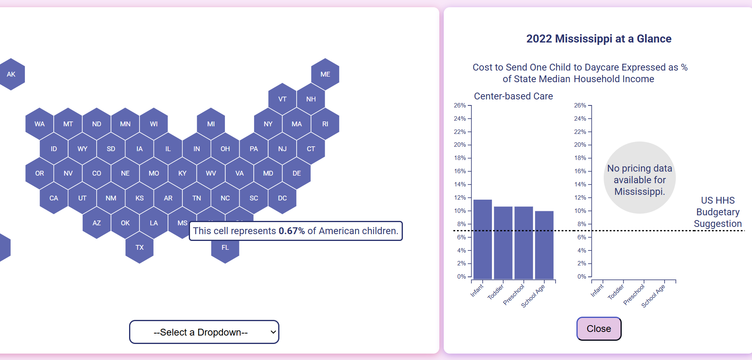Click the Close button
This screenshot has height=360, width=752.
[x=599, y=329]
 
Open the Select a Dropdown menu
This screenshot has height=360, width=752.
[x=204, y=332]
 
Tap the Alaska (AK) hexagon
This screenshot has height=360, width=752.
[x=11, y=74]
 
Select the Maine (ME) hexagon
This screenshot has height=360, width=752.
[x=325, y=74]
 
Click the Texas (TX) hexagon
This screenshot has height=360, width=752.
[x=139, y=248]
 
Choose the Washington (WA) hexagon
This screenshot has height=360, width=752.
[x=39, y=124]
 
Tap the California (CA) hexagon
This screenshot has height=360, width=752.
[x=54, y=198]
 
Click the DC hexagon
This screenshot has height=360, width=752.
[x=282, y=198]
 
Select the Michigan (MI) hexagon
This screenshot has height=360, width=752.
[x=211, y=124]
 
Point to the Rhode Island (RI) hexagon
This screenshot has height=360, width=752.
[x=325, y=124]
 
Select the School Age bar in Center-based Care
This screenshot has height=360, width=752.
[x=544, y=245]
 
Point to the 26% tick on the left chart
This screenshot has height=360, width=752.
[x=460, y=105]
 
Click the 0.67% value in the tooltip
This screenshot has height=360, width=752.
[x=291, y=231]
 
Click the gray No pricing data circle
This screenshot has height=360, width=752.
[x=639, y=178]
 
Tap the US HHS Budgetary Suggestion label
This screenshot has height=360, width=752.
[x=718, y=212]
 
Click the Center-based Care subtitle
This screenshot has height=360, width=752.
[x=513, y=96]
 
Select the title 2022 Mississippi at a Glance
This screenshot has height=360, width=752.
[x=598, y=39]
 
